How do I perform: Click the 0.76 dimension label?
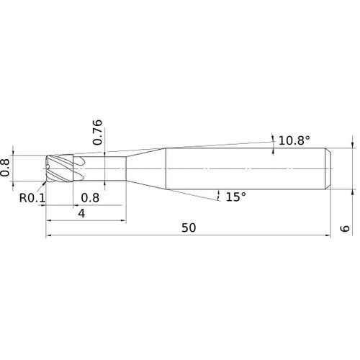[x=97, y=132]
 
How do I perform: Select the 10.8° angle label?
[x=294, y=140]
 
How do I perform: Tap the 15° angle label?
[x=236, y=197]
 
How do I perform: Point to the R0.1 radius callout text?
[x=32, y=198]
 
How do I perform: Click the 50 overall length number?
[x=189, y=228]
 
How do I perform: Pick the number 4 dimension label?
[x=82, y=213]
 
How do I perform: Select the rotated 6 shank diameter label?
[x=345, y=228]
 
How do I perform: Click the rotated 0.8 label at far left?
[x=5, y=168]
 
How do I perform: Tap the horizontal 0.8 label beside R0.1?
[x=90, y=198]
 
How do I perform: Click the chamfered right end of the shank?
[x=329, y=168]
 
